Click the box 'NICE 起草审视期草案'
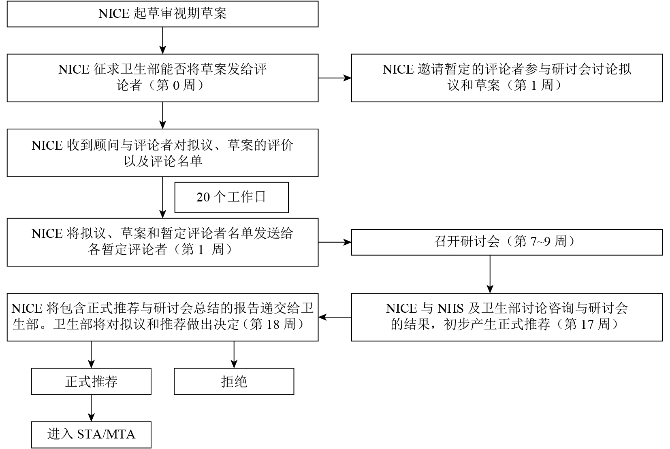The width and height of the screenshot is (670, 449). coord(162,14)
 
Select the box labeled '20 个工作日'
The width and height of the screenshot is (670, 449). coord(232,197)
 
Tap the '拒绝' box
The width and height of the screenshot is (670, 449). coord(234,381)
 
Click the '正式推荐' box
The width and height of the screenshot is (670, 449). coord(91,381)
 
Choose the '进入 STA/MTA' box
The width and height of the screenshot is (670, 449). coord(91,435)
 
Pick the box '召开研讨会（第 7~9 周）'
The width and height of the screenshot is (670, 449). coord(507,242)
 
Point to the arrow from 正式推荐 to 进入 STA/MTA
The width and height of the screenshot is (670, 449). coord(91,408)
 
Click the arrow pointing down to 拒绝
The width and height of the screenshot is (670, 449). coord(234,355)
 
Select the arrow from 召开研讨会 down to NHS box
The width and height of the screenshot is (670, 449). coord(490,274)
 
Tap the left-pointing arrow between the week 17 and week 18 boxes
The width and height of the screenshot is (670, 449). coord(335,317)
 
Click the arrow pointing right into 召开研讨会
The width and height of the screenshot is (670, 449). coord(335,242)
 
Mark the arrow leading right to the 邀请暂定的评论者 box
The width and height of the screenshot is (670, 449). coord(335,78)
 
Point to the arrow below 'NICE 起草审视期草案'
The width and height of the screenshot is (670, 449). coord(162,40)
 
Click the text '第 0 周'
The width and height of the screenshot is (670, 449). coord(176,85)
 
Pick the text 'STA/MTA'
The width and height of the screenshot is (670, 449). coord(106,434)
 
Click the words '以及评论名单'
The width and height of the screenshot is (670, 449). coord(163,161)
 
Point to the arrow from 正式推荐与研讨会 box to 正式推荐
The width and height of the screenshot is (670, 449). coord(91,355)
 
